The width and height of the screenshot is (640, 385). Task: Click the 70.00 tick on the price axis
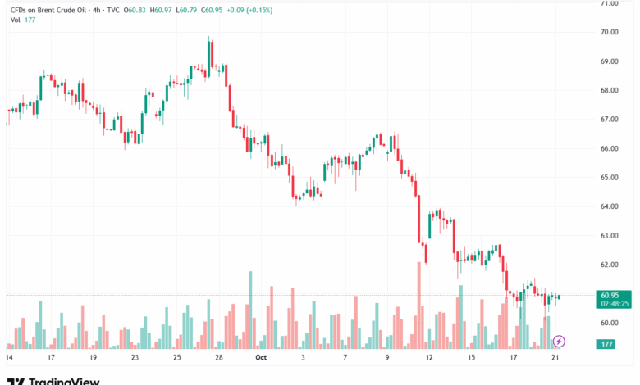tap(609, 32)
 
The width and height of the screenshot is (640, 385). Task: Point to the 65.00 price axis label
tap(609, 177)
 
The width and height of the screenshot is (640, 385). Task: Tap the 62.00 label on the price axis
tap(609, 265)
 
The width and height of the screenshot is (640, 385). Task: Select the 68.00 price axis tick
tap(609, 90)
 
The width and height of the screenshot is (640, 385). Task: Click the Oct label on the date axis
tap(261, 357)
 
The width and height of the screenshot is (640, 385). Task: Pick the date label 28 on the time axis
tap(219, 357)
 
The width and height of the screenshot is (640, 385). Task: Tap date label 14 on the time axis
tap(9, 357)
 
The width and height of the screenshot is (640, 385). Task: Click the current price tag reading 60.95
tap(610, 295)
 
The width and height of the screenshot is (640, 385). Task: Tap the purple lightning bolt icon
tap(560, 341)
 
